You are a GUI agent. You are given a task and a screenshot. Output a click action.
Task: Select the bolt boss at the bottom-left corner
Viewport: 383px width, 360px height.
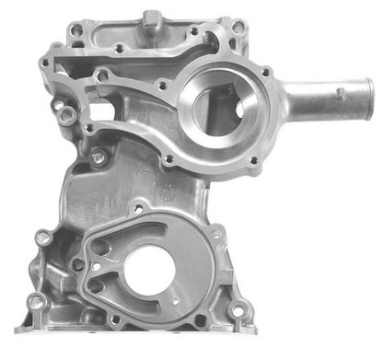[36, 301]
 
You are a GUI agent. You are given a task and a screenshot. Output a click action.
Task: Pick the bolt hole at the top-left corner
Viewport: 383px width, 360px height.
[46, 64]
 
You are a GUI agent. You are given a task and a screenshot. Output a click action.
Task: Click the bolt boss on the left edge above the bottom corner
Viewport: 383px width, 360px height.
[43, 238]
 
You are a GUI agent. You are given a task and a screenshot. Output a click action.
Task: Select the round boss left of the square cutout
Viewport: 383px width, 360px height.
[66, 114]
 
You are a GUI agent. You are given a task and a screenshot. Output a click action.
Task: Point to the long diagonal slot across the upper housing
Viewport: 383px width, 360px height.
[129, 64]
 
